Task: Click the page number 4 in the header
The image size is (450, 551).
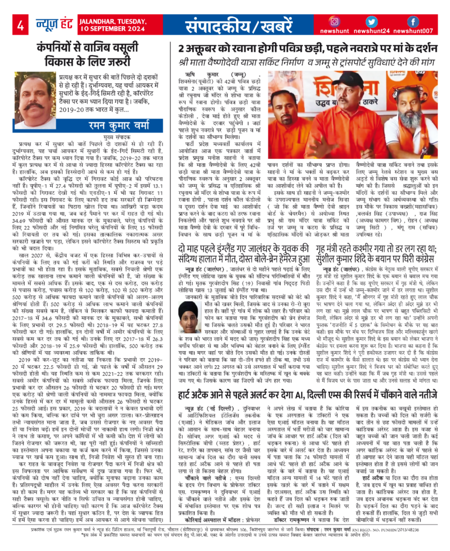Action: click(x=21, y=25)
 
